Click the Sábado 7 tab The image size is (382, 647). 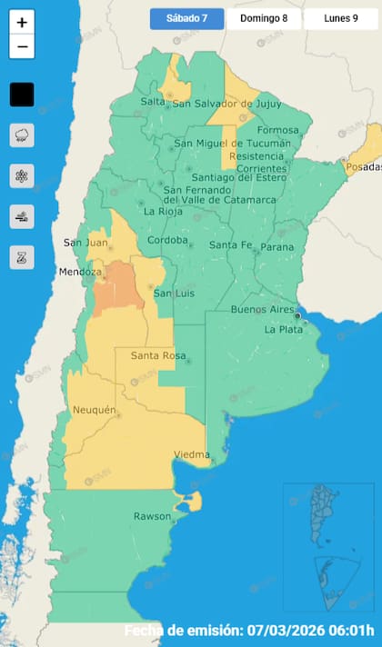(x=186, y=19)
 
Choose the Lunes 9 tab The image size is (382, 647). (x=340, y=19)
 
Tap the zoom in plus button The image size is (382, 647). (x=22, y=22)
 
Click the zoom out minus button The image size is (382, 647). (x=22, y=46)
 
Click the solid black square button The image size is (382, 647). (x=22, y=94)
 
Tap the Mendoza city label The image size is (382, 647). (x=78, y=272)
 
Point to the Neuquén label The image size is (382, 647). (x=95, y=410)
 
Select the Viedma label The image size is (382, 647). (x=192, y=453)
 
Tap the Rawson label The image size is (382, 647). (x=152, y=516)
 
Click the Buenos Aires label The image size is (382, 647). (x=260, y=310)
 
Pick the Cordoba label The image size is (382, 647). (x=167, y=240)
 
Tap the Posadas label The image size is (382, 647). (x=362, y=168)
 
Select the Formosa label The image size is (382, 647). (x=277, y=130)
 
